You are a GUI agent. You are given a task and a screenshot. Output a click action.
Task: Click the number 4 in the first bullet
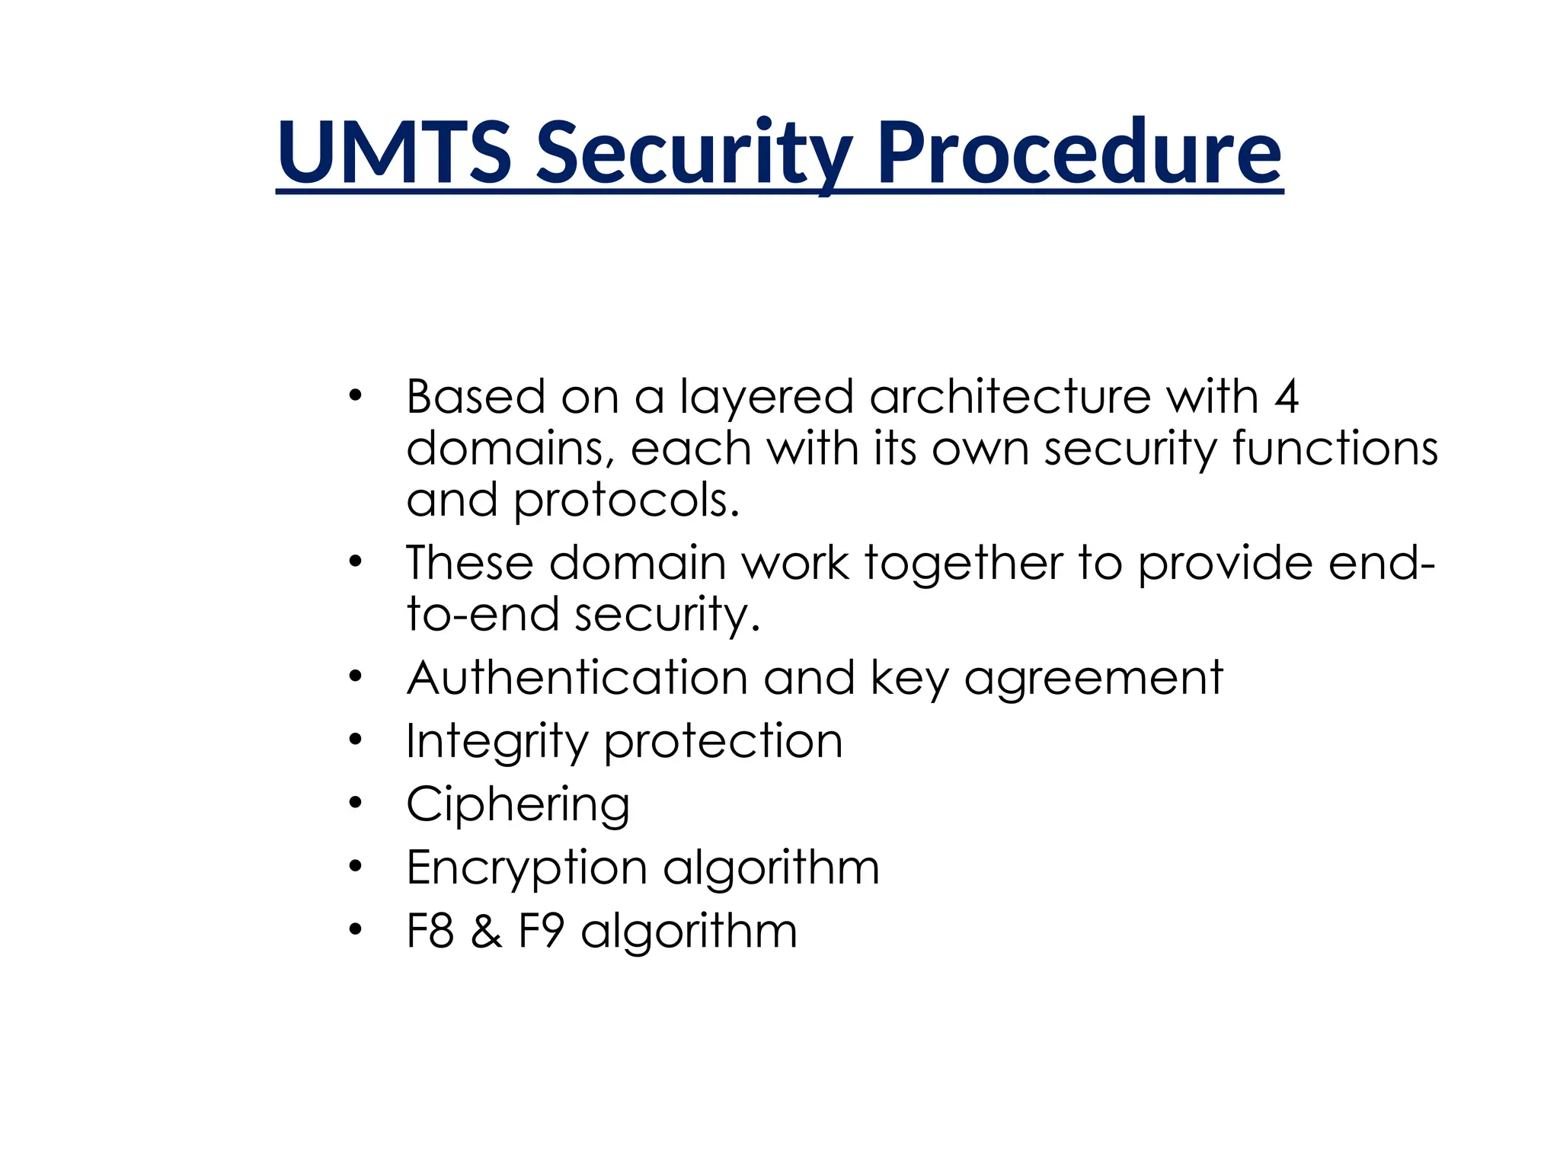tap(1286, 397)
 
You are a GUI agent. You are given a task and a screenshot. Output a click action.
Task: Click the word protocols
tap(625, 500)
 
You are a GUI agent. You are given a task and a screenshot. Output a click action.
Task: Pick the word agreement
tap(1093, 679)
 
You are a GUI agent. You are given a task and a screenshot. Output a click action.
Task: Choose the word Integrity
tap(497, 742)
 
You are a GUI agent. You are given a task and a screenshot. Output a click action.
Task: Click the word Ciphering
tap(518, 805)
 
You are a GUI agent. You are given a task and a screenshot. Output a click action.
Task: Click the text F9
tap(541, 931)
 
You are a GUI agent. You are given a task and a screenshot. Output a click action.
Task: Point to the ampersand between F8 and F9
tap(486, 932)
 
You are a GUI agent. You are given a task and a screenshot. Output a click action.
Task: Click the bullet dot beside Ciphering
tap(355, 803)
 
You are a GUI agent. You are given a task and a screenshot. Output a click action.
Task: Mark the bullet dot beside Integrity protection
tap(355, 740)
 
